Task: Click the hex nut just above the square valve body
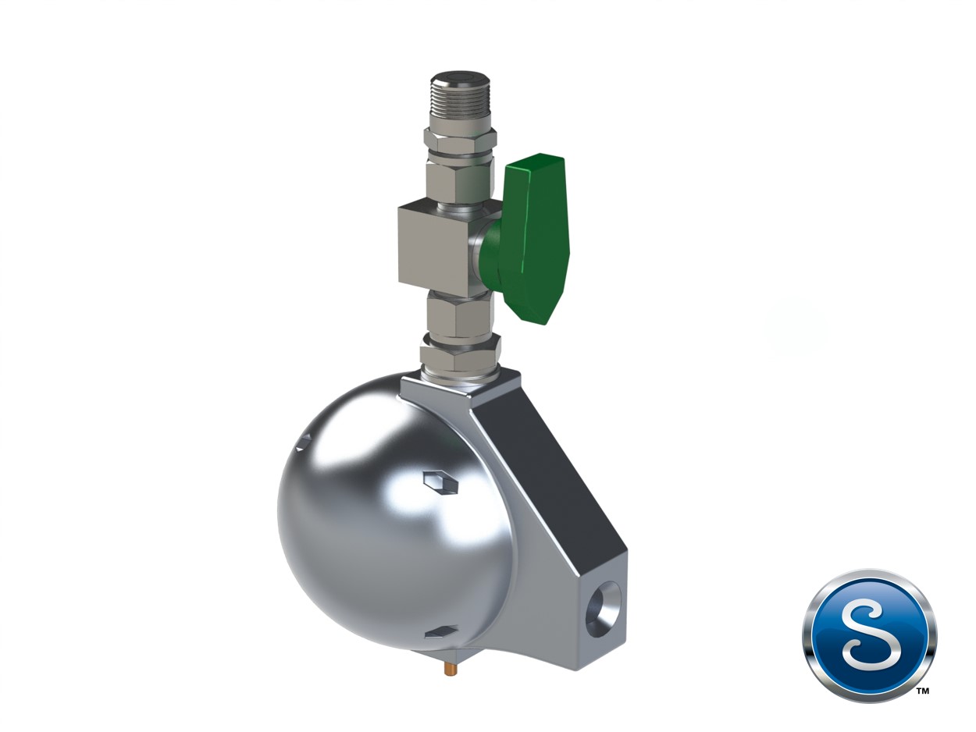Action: pos(460,180)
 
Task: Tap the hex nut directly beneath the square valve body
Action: pos(460,316)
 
